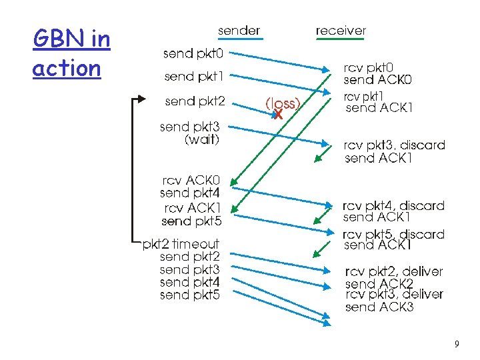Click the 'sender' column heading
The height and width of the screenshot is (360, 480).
coord(239,31)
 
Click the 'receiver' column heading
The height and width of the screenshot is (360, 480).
coord(341,31)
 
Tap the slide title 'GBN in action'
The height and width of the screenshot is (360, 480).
coord(71,53)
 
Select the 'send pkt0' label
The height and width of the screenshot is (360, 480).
coord(194,53)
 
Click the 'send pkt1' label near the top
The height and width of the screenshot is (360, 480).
coord(194,77)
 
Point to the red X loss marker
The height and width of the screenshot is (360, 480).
coord(278,115)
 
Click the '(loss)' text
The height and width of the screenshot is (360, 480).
coord(283,103)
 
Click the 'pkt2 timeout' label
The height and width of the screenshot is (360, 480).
coord(181,244)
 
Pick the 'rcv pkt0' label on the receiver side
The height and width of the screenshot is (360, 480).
coord(369,67)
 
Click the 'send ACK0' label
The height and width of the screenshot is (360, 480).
coord(377,80)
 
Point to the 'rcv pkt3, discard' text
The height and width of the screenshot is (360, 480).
coord(394,145)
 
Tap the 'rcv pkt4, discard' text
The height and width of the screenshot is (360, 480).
coord(393,205)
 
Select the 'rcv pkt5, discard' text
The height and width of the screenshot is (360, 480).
coord(393,234)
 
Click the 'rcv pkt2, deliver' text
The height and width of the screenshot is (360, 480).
coord(393,272)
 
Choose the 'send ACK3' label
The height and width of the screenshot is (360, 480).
coord(379,307)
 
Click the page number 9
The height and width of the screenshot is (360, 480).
coord(456,344)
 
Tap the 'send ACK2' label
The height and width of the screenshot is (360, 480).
coord(379,284)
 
